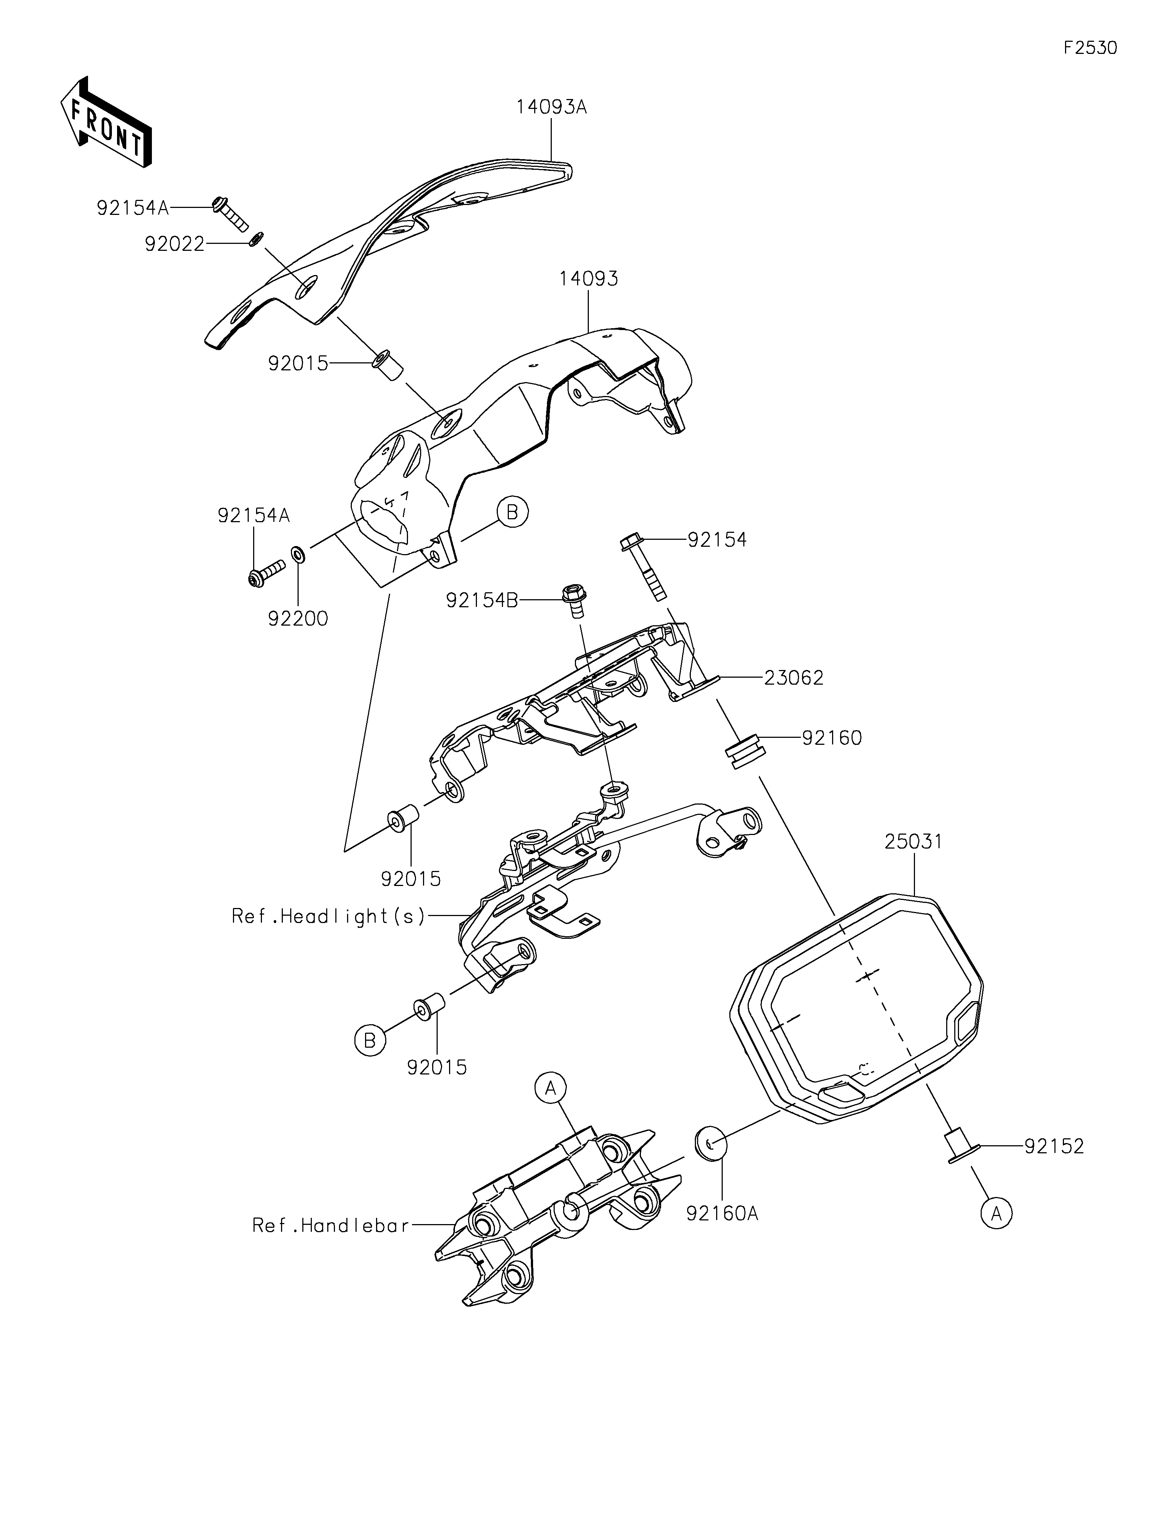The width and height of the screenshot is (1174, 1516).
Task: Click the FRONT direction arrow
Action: tap(106, 122)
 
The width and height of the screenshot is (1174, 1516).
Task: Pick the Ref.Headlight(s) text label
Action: tap(328, 916)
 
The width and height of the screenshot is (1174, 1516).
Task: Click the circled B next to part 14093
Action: tap(513, 512)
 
